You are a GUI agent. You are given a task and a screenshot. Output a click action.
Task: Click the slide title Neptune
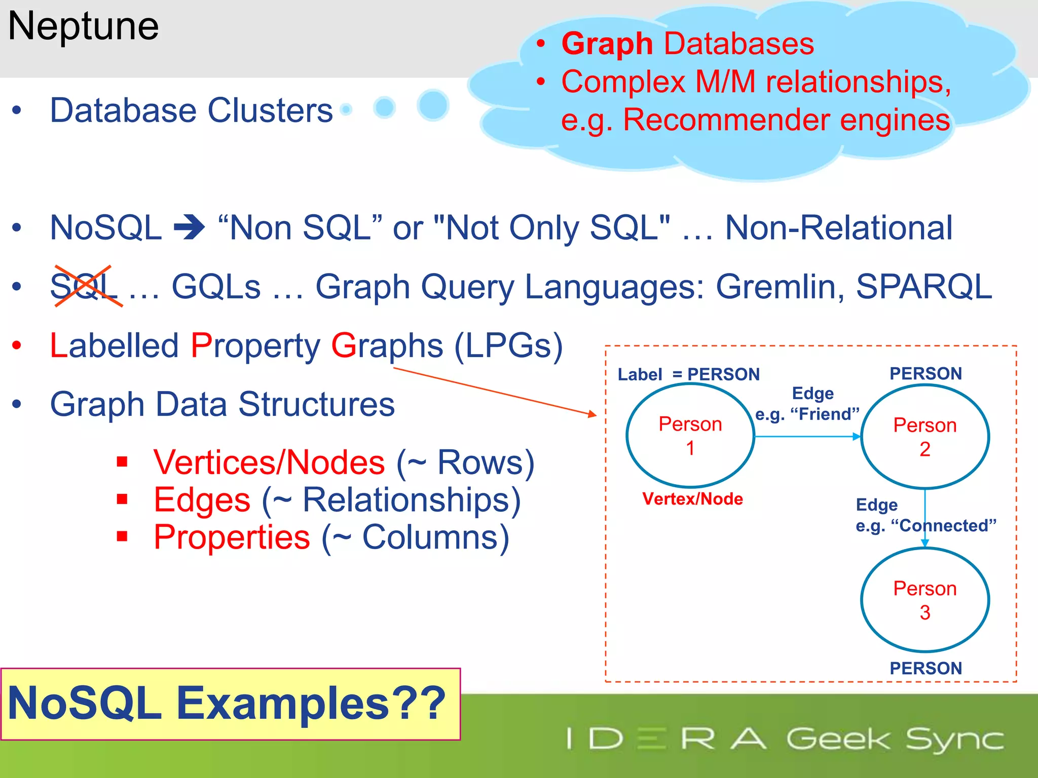(x=84, y=26)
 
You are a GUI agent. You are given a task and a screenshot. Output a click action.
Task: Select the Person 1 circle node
(x=690, y=436)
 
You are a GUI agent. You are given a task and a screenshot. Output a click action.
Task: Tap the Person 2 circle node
(x=924, y=437)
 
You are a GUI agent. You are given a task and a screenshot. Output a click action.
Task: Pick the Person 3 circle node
(x=924, y=600)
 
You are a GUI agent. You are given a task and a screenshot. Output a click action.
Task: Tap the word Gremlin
(x=780, y=287)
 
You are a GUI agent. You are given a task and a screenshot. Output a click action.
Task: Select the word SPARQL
(x=923, y=287)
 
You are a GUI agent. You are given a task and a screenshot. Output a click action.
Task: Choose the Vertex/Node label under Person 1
(x=692, y=499)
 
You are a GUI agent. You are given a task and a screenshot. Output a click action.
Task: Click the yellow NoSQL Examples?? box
(x=230, y=704)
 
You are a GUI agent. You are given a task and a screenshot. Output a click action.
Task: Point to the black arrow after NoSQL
(x=189, y=228)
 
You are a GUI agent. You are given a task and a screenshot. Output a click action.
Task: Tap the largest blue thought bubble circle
(x=433, y=105)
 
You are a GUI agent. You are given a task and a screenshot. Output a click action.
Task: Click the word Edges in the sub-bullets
(x=202, y=500)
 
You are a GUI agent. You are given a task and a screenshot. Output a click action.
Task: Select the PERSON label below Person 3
(x=925, y=668)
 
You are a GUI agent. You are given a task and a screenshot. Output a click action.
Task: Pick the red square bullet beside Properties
(x=122, y=536)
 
